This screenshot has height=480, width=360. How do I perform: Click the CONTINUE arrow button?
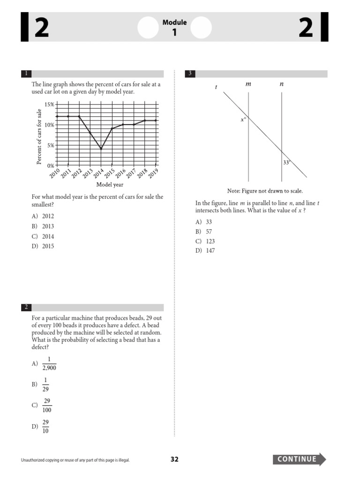[x=299, y=459]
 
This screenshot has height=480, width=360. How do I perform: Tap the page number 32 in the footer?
[x=174, y=459]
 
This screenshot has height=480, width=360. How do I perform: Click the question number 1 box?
[x=26, y=74]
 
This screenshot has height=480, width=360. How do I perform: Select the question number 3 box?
[x=190, y=74]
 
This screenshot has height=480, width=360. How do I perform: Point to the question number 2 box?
[x=26, y=307]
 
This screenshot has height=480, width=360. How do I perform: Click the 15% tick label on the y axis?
[x=49, y=105]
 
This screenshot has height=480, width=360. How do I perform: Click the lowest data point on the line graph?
[x=101, y=149]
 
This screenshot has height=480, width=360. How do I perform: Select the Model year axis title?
[x=110, y=185]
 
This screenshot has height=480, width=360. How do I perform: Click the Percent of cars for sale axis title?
[x=39, y=136]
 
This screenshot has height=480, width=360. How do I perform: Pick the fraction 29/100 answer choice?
[x=47, y=405]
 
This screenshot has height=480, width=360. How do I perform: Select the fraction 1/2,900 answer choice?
[x=49, y=364]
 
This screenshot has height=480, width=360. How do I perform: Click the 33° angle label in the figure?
[x=287, y=163]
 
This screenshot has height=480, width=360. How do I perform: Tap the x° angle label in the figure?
[x=243, y=120]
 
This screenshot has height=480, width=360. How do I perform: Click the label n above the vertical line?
[x=281, y=84]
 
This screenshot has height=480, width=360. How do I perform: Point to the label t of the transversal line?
[x=216, y=88]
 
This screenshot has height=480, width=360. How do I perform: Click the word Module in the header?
[x=174, y=22]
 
